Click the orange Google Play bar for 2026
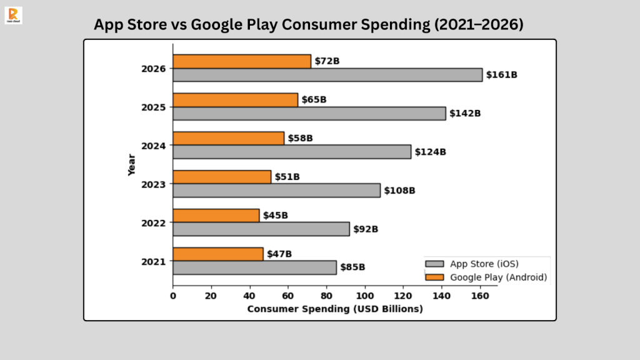tap(241, 61)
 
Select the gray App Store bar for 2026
tap(327, 75)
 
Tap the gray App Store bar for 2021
tap(254, 267)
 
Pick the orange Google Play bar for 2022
tap(216, 216)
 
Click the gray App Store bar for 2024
tap(292, 152)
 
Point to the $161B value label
tap(502, 75)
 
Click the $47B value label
tap(279, 254)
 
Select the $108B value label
tap(399, 191)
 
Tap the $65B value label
tap(314, 100)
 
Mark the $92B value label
tap(366, 229)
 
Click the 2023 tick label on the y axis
tap(154, 184)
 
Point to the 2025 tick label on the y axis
tap(154, 107)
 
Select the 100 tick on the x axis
tap(364, 296)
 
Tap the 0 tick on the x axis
tap(173, 296)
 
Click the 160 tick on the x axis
tap(480, 296)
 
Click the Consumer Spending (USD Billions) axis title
tap(335, 309)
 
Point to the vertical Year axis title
tap(132, 165)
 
